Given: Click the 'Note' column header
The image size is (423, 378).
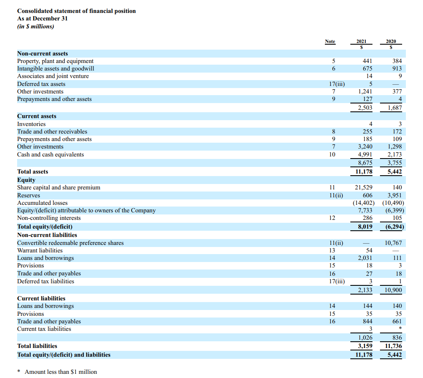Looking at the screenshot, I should pos(330,41).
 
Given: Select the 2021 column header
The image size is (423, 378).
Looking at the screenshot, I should pos(362,41).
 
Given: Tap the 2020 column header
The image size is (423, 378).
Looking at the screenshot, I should pos(391,41).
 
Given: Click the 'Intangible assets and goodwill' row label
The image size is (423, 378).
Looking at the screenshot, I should pos(56,68).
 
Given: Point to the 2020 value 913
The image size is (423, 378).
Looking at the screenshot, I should pos(397,68).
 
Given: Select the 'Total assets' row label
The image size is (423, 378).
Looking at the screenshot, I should pos(33,171).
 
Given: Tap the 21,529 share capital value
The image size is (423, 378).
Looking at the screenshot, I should pos(363,187).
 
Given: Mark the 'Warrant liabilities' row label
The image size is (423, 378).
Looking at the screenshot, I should pos(40,250).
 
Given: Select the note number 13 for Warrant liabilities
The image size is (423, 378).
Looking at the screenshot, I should pos(332,250).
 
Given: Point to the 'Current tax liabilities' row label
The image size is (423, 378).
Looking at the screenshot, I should pos(44,329).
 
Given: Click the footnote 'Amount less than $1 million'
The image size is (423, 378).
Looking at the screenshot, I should pos(61,372).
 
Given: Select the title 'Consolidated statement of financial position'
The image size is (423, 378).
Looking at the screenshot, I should pos(76,11).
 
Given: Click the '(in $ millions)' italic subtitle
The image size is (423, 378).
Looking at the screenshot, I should pos(35,26).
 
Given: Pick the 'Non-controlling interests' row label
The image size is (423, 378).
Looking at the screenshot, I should pos(49,218).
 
